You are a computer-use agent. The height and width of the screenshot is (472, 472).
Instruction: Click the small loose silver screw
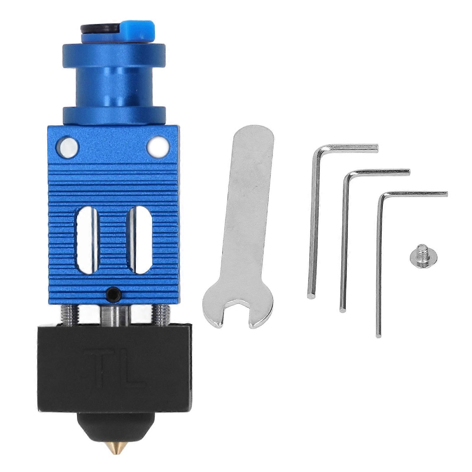coord(423,258)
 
